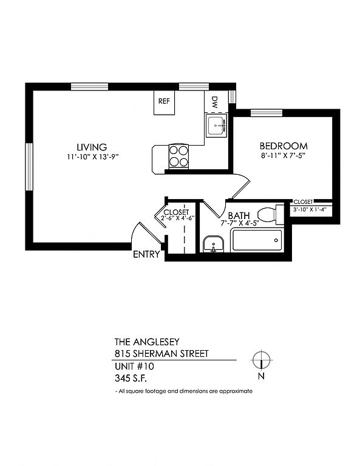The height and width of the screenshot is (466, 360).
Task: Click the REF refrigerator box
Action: (x=164, y=103)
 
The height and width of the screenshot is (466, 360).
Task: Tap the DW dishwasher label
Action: (x=215, y=101)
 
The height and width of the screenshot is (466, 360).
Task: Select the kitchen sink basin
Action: (x=216, y=126)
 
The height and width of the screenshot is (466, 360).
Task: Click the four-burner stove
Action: (x=178, y=157)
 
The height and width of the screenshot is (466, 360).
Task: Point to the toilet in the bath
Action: (x=271, y=215)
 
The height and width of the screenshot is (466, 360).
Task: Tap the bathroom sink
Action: (x=213, y=244)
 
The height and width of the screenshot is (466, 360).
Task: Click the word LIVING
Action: (x=92, y=147)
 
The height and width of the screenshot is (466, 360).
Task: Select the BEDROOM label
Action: (x=284, y=146)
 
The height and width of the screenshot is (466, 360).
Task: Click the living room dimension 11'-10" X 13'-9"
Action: (x=93, y=157)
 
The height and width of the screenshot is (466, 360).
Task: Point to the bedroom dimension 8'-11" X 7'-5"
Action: (x=284, y=155)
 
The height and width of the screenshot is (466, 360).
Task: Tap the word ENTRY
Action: (x=146, y=254)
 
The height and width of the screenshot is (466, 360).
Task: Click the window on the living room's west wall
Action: (x=29, y=166)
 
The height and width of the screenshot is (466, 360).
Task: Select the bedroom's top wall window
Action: (x=267, y=113)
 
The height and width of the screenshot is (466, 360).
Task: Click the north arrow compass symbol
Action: (x=261, y=360)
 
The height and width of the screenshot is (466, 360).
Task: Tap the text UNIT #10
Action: (x=134, y=366)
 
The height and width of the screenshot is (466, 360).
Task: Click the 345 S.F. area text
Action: (x=131, y=379)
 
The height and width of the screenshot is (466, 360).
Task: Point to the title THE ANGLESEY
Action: (x=147, y=342)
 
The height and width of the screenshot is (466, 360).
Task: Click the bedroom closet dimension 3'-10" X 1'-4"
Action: (x=310, y=209)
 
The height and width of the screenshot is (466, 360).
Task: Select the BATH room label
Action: (x=239, y=215)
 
